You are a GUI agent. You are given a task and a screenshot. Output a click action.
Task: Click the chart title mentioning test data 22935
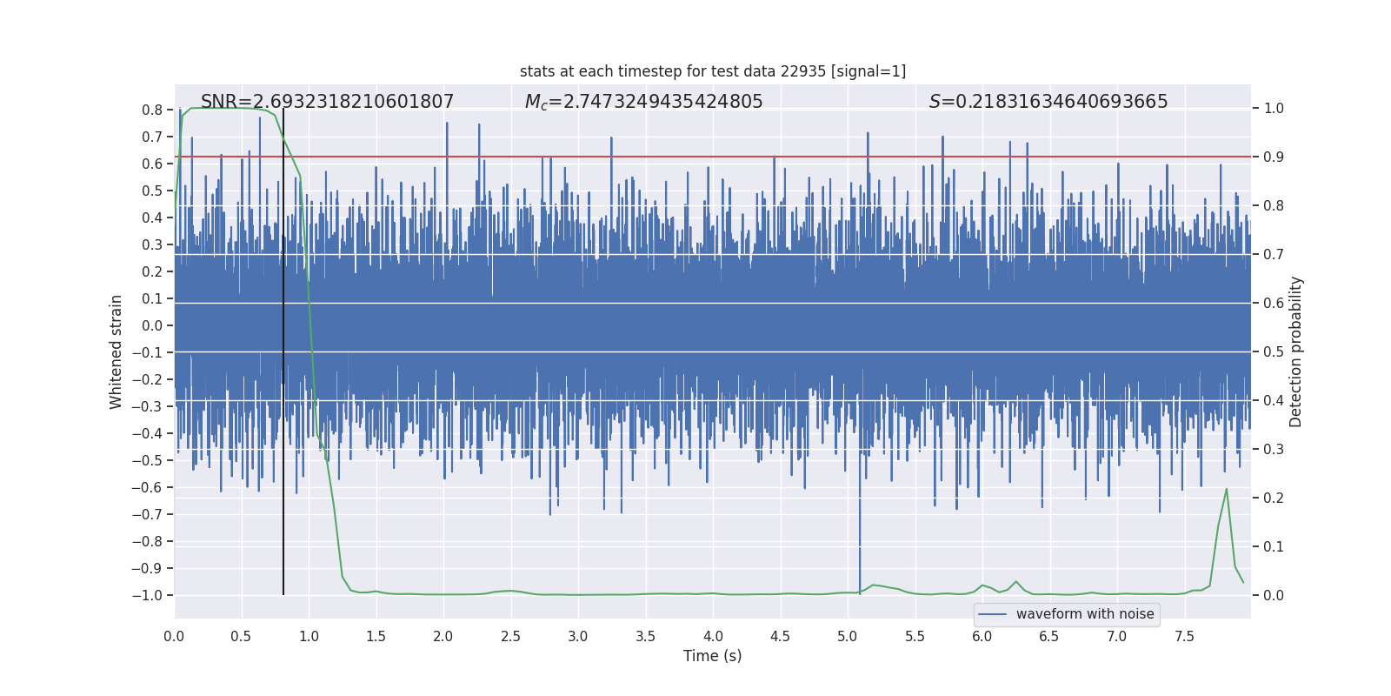(713, 71)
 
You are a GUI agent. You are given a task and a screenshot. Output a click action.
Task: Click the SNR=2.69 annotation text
(327, 102)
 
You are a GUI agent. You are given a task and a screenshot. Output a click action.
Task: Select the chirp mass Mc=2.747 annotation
(643, 102)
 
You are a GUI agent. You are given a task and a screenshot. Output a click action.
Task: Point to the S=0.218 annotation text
(1048, 102)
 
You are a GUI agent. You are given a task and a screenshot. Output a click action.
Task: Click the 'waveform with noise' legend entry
(1084, 614)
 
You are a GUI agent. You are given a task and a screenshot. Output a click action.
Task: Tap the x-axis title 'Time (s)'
(712, 656)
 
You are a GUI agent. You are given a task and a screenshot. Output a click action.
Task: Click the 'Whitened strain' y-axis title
(116, 351)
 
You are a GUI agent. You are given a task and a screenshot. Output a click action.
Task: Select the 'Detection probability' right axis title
(1296, 351)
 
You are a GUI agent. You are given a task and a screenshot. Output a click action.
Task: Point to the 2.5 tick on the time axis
(510, 637)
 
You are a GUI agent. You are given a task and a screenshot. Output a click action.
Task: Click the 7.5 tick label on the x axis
(1184, 637)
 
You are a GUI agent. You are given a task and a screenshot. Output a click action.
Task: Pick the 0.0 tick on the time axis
(174, 637)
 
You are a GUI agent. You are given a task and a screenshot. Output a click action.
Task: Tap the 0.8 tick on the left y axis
(152, 110)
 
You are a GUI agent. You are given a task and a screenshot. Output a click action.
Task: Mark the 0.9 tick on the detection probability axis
(1274, 157)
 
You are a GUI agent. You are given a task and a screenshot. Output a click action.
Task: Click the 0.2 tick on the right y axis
(1274, 499)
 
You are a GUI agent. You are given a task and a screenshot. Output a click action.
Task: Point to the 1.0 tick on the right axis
(1274, 109)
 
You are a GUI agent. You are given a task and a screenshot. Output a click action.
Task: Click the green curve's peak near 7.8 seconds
(1227, 489)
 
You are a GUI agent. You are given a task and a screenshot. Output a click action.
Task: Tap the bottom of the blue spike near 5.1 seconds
(860, 593)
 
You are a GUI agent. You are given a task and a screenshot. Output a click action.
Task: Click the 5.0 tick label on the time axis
(848, 637)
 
